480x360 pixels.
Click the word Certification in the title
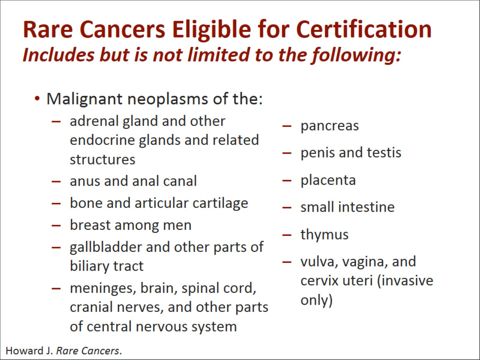click(364, 29)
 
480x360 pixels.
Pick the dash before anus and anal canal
click(56, 181)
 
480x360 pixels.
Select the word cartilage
click(220, 204)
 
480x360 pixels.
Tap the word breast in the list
click(90, 225)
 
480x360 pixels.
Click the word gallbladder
click(106, 247)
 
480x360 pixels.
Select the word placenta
click(328, 181)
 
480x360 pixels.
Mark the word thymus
click(324, 235)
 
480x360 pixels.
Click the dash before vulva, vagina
click(287, 262)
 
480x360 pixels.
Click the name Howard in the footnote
click(25, 351)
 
